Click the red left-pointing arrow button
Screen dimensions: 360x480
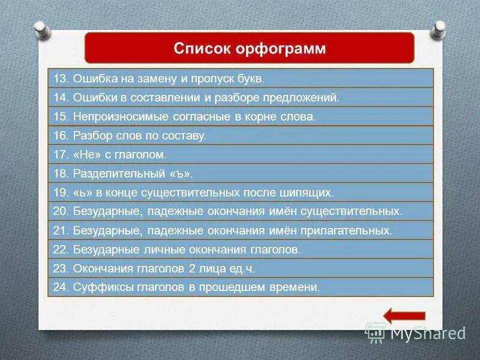(x=404, y=316)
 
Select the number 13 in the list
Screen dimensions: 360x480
(x=60, y=79)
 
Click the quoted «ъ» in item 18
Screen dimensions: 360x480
(x=181, y=175)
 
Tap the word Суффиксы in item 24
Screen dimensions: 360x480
(x=98, y=287)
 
